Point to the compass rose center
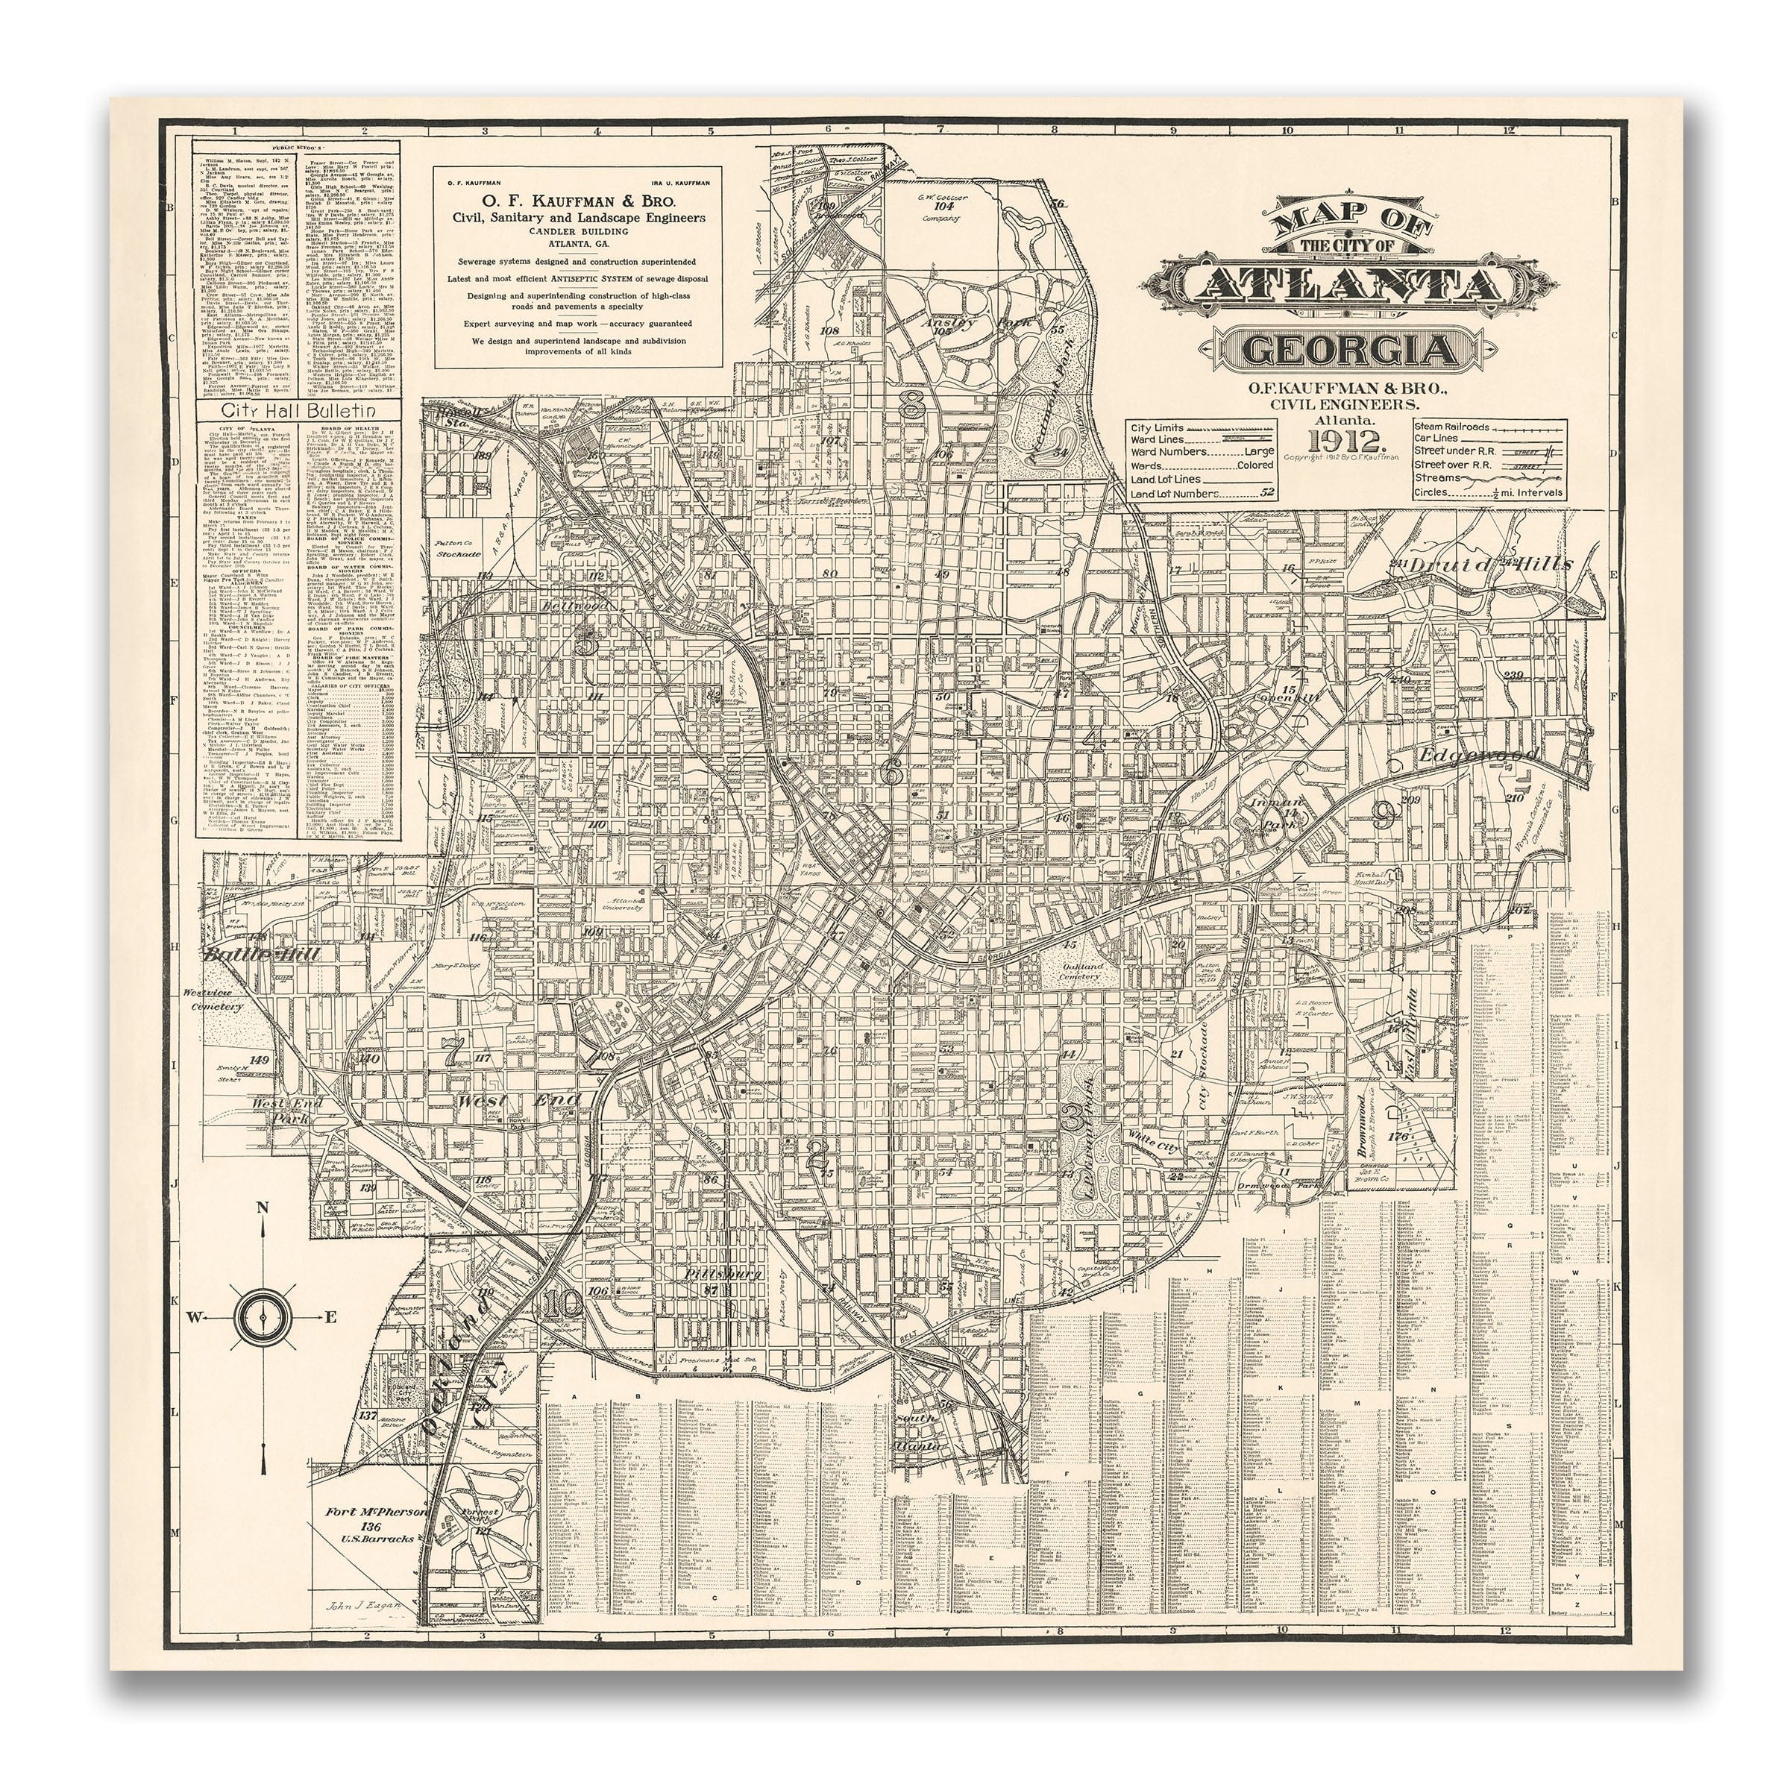pos(263,1315)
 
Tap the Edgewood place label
pos(1479,757)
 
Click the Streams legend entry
pos(1435,477)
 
